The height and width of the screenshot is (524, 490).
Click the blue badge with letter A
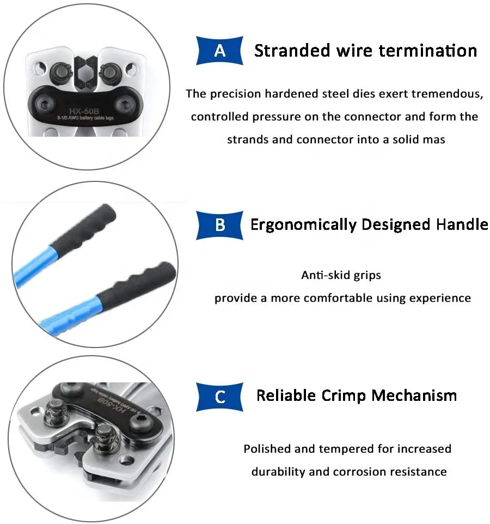[219, 51]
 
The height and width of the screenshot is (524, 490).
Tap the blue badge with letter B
[220, 224]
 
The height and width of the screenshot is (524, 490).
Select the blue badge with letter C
[220, 396]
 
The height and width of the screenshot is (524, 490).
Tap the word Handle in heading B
[462, 224]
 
